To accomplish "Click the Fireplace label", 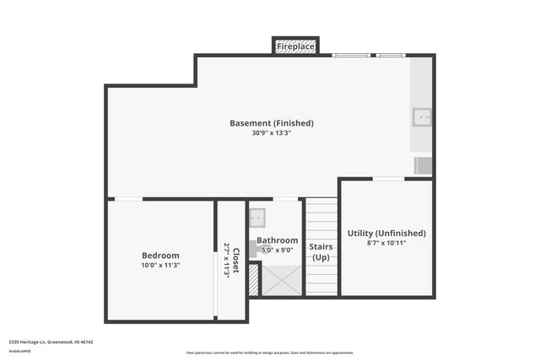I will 295,47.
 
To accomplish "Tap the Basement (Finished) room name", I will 272,123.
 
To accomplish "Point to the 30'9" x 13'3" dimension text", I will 272,133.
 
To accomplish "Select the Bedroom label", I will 160,255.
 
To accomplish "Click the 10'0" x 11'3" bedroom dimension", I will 160,266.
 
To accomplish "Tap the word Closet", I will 236,261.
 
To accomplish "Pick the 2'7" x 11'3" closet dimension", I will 227,261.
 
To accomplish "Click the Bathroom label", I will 278,240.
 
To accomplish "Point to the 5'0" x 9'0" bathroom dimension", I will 278,250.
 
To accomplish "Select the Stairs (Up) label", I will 321,252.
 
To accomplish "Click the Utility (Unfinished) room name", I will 386,233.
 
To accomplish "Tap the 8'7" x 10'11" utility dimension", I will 386,243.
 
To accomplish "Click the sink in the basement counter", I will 421,116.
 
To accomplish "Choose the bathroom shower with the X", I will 282,279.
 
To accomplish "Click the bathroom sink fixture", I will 257,218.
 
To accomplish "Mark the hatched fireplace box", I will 295,46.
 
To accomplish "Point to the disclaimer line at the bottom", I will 270,352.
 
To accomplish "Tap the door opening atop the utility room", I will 388,179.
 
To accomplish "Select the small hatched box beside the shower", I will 253,281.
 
